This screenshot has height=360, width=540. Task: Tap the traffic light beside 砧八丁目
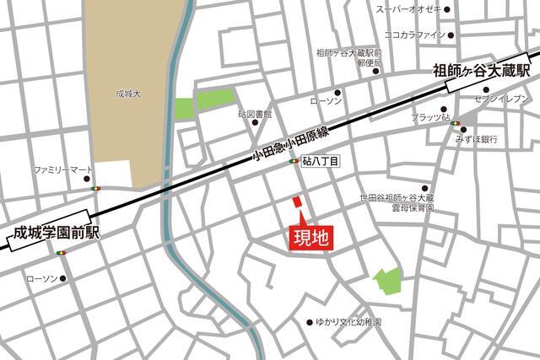click(294, 160)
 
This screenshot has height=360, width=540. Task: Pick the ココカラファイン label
click(414, 35)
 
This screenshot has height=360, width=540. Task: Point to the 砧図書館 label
click(255, 113)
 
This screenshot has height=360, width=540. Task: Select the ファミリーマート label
click(62, 170)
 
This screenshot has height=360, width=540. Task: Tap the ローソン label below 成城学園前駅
click(43, 278)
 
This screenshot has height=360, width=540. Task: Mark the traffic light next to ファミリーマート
click(96, 188)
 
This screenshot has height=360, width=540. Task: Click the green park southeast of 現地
click(387, 281)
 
